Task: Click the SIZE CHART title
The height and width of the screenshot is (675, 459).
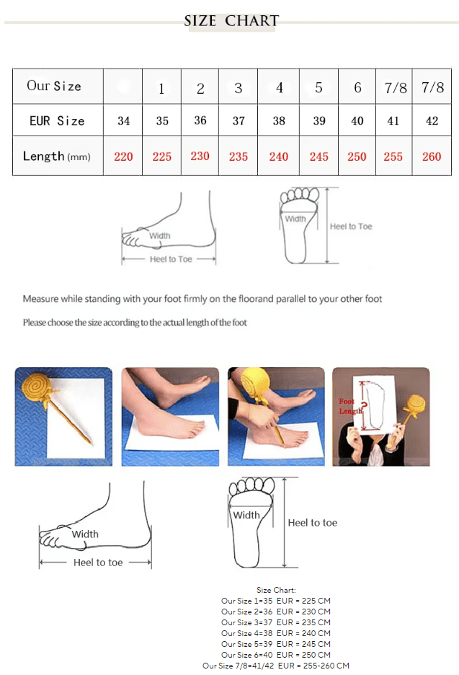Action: [231, 21]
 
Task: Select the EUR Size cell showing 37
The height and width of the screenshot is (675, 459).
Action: [239, 121]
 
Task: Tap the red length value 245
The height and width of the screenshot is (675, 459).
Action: [318, 156]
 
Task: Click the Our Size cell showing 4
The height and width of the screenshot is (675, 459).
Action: [279, 88]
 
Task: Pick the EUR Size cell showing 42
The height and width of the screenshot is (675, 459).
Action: [432, 121]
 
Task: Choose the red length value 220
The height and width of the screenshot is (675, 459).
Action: [123, 156]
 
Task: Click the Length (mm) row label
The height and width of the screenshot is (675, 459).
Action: [57, 156]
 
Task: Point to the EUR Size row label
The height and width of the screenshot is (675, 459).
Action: [57, 121]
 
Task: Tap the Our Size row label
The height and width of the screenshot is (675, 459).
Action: [54, 86]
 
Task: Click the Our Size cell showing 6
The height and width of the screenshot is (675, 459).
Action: [357, 88]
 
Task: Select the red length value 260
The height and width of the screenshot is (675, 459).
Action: [432, 156]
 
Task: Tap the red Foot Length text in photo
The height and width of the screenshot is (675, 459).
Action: [350, 407]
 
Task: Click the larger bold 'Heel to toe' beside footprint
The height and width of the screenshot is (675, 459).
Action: [312, 523]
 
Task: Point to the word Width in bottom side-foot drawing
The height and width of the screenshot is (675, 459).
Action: [85, 534]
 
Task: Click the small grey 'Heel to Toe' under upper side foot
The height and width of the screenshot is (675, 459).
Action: [171, 259]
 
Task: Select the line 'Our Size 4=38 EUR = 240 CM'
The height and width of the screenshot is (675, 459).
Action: [276, 633]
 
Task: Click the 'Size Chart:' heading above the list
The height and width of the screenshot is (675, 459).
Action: [276, 590]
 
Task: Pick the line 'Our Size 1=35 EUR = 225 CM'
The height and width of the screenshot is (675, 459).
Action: [276, 601]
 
